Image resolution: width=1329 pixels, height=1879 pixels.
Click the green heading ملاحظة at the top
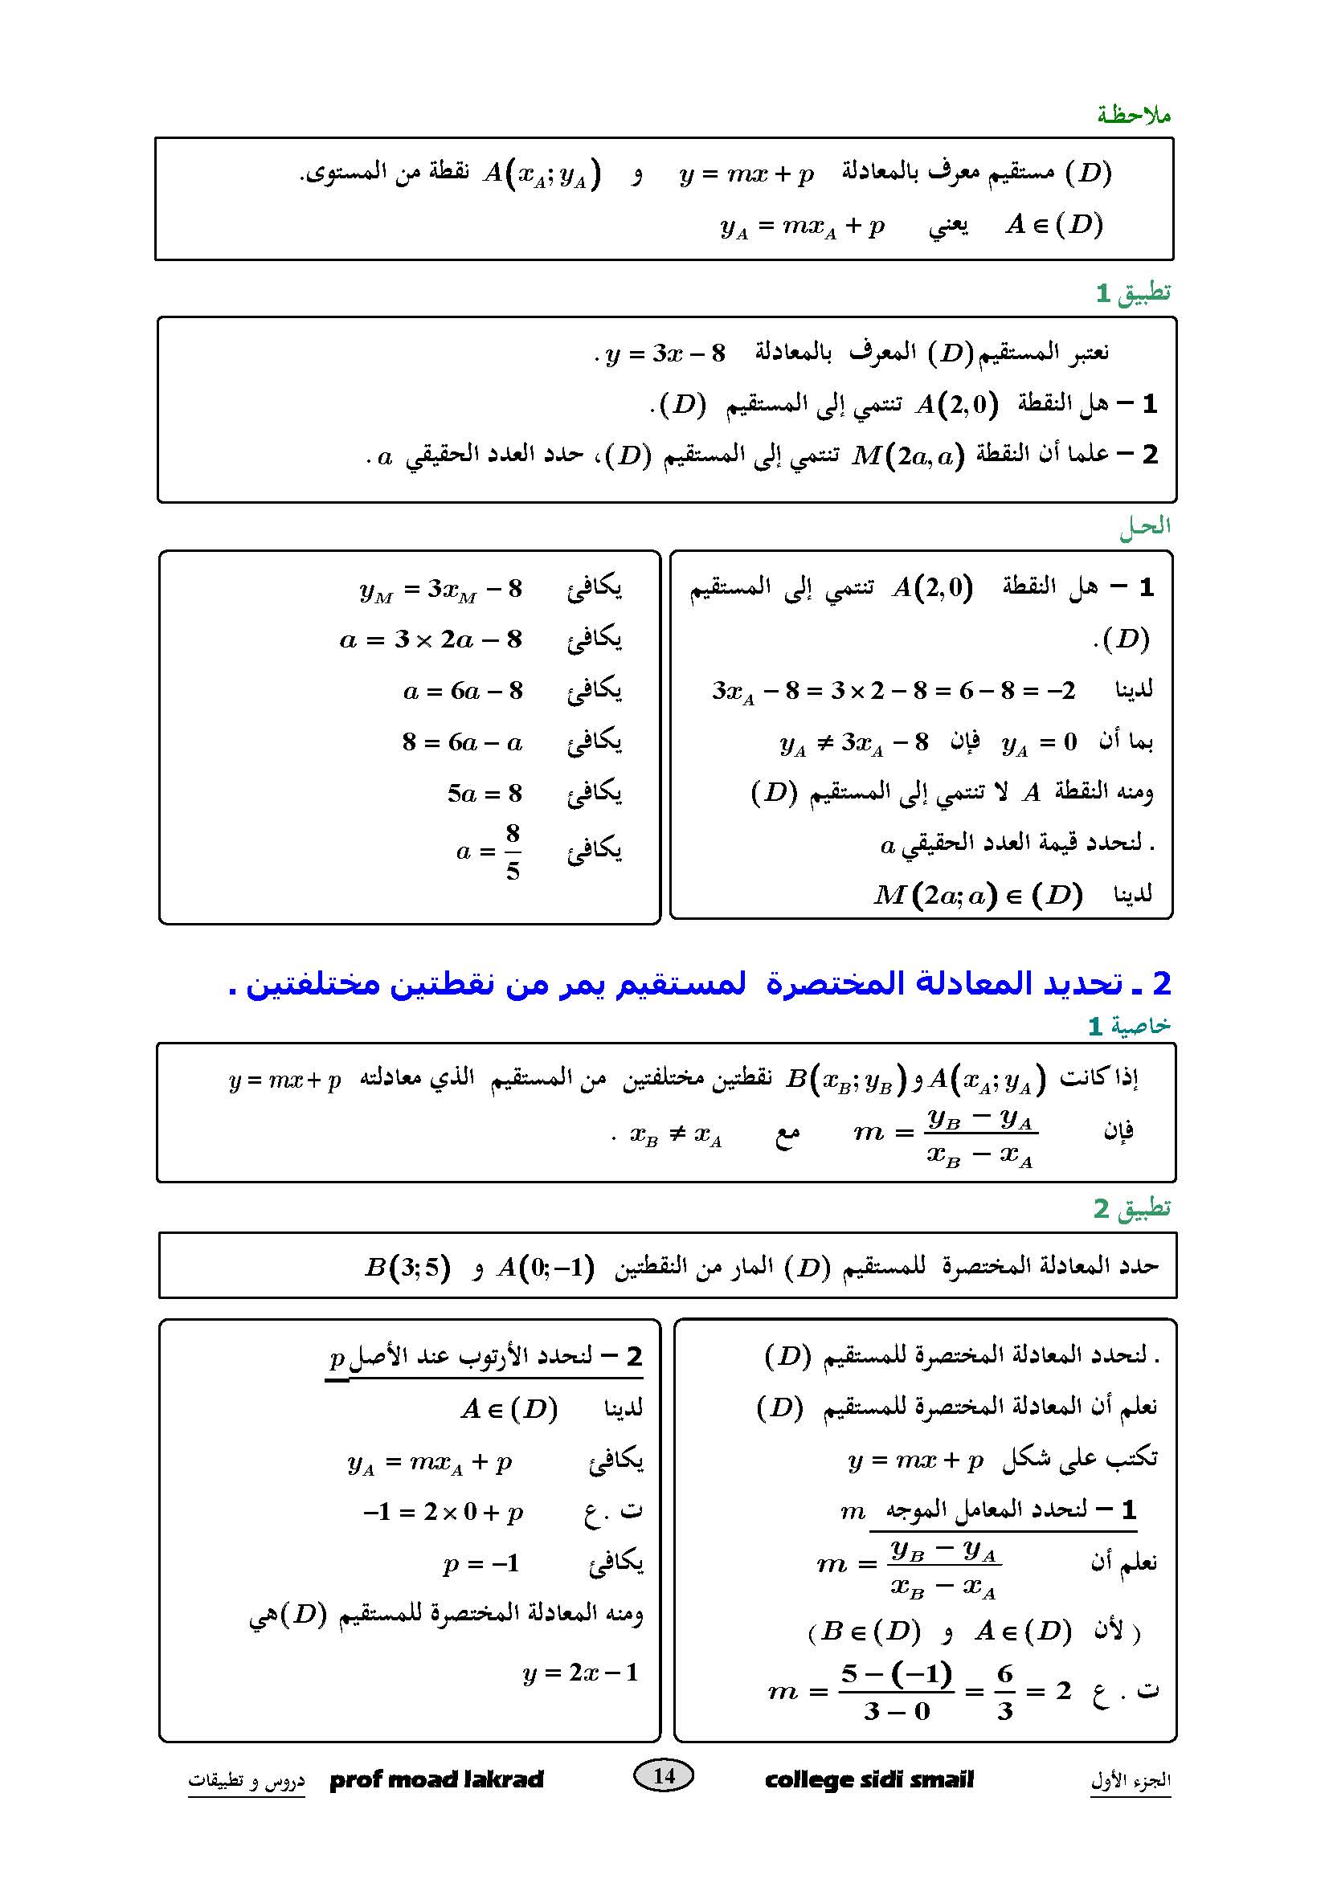point(1134,115)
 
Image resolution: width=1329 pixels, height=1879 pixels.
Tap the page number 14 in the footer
point(664,1775)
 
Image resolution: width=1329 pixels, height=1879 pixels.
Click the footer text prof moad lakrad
point(436,1779)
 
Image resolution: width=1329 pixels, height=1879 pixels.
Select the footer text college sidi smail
point(869,1779)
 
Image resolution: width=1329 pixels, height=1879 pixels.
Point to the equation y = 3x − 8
point(665,353)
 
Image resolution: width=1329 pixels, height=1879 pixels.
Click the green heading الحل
point(1145,526)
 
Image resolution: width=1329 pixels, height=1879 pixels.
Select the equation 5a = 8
point(485,793)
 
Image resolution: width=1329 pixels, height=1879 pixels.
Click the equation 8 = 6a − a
point(462,742)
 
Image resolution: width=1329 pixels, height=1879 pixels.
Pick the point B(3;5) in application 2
point(407,1268)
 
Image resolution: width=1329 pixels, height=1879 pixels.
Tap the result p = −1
point(481,1564)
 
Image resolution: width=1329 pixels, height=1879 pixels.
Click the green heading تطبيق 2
point(1132,1208)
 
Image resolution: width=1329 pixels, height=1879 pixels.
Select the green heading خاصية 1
point(1129,1025)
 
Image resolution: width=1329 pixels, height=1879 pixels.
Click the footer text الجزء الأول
point(1131,1779)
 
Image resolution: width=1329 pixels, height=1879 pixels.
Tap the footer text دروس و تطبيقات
point(247,1779)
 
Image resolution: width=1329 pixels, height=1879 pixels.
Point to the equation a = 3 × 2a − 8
point(431,639)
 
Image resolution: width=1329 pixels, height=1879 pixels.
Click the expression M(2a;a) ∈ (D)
point(978,894)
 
